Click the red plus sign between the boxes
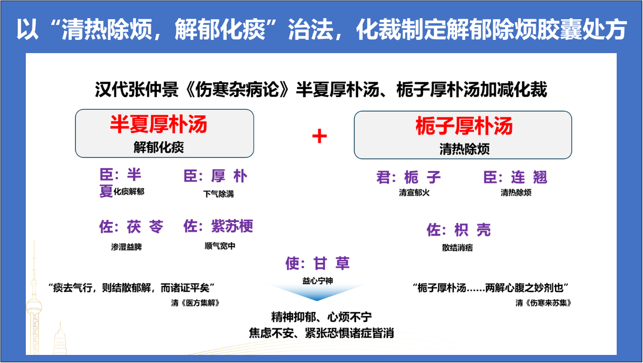[x=319, y=136]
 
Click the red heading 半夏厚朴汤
[x=158, y=124]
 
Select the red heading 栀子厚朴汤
[x=464, y=126]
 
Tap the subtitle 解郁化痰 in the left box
[x=159, y=148]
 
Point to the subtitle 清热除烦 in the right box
[x=464, y=149]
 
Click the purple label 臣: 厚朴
[x=216, y=176]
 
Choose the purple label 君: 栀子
[x=408, y=177]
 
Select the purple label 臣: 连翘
[x=516, y=177]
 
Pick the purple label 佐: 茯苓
[x=131, y=226]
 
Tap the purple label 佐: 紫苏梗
[x=218, y=226]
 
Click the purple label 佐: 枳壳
[x=459, y=230]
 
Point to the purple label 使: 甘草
[x=318, y=263]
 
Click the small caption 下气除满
[x=219, y=194]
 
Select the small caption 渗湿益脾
[x=126, y=247]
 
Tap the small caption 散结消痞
[x=457, y=248]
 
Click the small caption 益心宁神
[x=318, y=281]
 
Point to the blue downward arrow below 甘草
[x=317, y=292]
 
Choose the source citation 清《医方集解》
[x=195, y=303]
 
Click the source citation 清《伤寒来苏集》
[x=543, y=303]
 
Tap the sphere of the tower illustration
[x=34, y=306]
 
